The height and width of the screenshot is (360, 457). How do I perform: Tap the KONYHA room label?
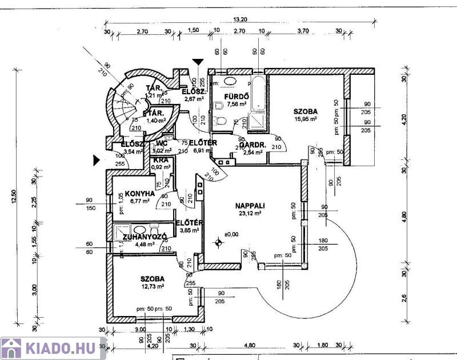tap(133, 193)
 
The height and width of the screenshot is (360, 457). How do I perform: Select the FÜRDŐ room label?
tap(235, 96)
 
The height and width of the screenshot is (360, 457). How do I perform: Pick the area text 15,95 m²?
tap(306, 119)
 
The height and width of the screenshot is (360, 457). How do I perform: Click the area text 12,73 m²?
tap(153, 287)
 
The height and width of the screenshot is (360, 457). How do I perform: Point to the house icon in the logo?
tap(12, 348)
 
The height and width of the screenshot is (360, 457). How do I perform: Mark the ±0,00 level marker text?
tap(232, 234)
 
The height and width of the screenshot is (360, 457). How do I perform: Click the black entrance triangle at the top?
tap(198, 61)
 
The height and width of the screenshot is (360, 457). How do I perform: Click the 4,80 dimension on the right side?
tap(404, 217)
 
